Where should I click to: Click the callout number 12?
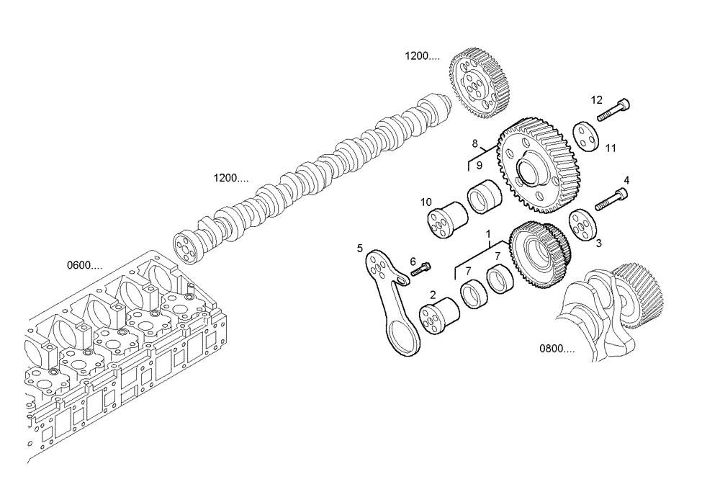[x=597, y=100]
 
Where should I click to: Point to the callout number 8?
[x=475, y=143]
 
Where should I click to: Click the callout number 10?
[x=426, y=202]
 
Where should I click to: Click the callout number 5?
[x=359, y=249]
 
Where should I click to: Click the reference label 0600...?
[x=84, y=265]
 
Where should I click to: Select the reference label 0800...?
[x=557, y=349]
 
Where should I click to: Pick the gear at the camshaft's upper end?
[x=481, y=82]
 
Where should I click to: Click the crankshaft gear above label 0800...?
[x=638, y=288]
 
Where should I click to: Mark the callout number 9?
[x=478, y=166]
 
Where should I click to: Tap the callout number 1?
[x=488, y=234]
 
